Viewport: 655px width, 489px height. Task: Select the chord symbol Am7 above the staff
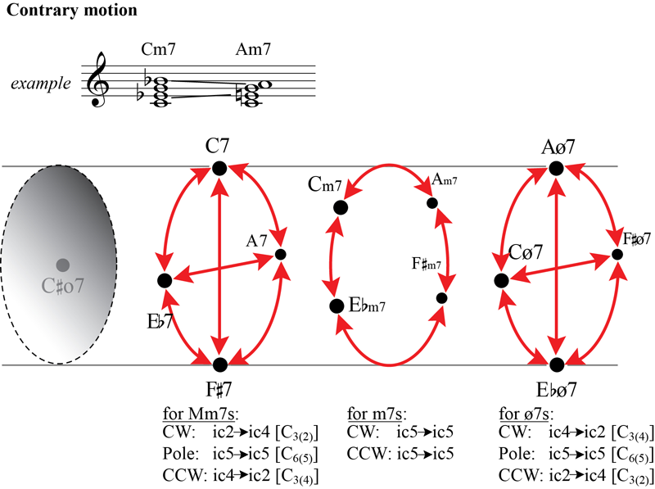coord(253,52)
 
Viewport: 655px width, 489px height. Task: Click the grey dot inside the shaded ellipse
coord(62,265)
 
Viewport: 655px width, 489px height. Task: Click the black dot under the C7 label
coord(219,168)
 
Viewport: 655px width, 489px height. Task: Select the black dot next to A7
coord(281,254)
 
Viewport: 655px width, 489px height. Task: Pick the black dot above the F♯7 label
coord(219,364)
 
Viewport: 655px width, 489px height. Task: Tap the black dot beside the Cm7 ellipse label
coord(340,207)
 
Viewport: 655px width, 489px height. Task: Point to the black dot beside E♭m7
coord(336,306)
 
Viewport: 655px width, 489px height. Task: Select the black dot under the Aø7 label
coord(556,168)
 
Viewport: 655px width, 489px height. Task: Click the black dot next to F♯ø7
coord(617,254)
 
